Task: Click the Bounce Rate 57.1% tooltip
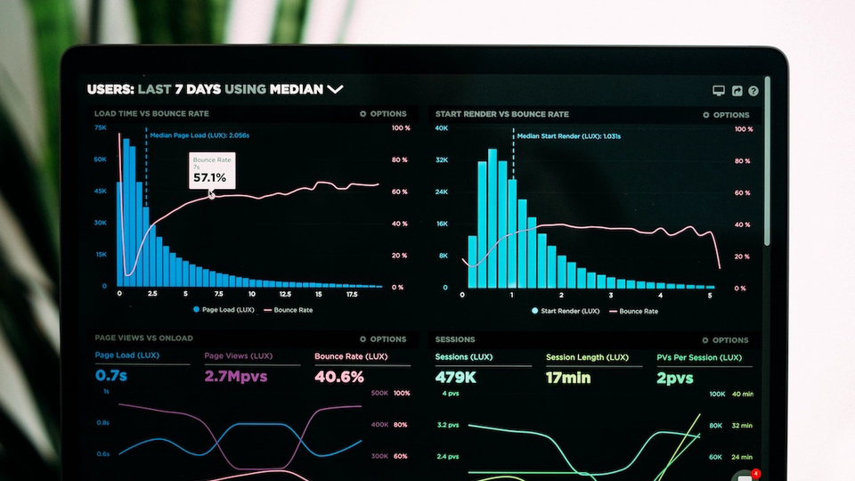click(212, 170)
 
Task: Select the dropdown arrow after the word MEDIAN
click(335, 89)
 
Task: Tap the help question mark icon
click(753, 91)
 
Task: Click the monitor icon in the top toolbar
click(719, 91)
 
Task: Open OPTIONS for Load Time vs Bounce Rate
click(383, 114)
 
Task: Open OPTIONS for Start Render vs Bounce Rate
click(726, 115)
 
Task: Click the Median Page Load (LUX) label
click(199, 135)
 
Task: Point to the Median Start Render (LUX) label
click(569, 136)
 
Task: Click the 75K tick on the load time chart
click(101, 128)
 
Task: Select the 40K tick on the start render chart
click(441, 128)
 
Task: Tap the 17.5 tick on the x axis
click(352, 294)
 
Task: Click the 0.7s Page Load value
click(111, 376)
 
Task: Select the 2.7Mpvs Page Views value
click(236, 376)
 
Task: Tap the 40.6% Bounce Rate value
click(339, 377)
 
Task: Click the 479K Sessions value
click(456, 378)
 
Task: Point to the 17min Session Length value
click(568, 378)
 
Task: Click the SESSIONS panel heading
click(455, 339)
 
